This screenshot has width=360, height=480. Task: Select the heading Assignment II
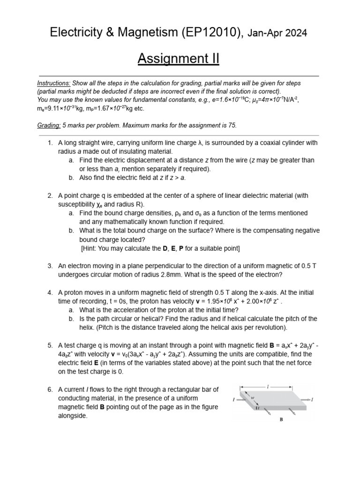pyautogui.click(x=178, y=59)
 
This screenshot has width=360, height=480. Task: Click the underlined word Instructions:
pyautogui.click(x=54, y=83)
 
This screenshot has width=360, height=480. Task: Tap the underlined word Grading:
pyautogui.click(x=49, y=125)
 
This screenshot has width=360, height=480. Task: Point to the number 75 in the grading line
pyautogui.click(x=232, y=125)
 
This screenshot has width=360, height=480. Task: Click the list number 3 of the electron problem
pyautogui.click(x=50, y=266)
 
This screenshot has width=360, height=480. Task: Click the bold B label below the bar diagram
pyautogui.click(x=281, y=420)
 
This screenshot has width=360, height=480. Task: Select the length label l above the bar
pyautogui.click(x=267, y=386)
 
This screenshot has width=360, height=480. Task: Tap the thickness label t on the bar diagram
pyautogui.click(x=257, y=408)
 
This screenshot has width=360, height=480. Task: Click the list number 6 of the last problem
pyautogui.click(x=50, y=390)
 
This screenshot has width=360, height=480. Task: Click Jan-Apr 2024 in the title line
pyautogui.click(x=277, y=33)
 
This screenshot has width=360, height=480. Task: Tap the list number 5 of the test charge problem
pyautogui.click(x=50, y=345)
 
